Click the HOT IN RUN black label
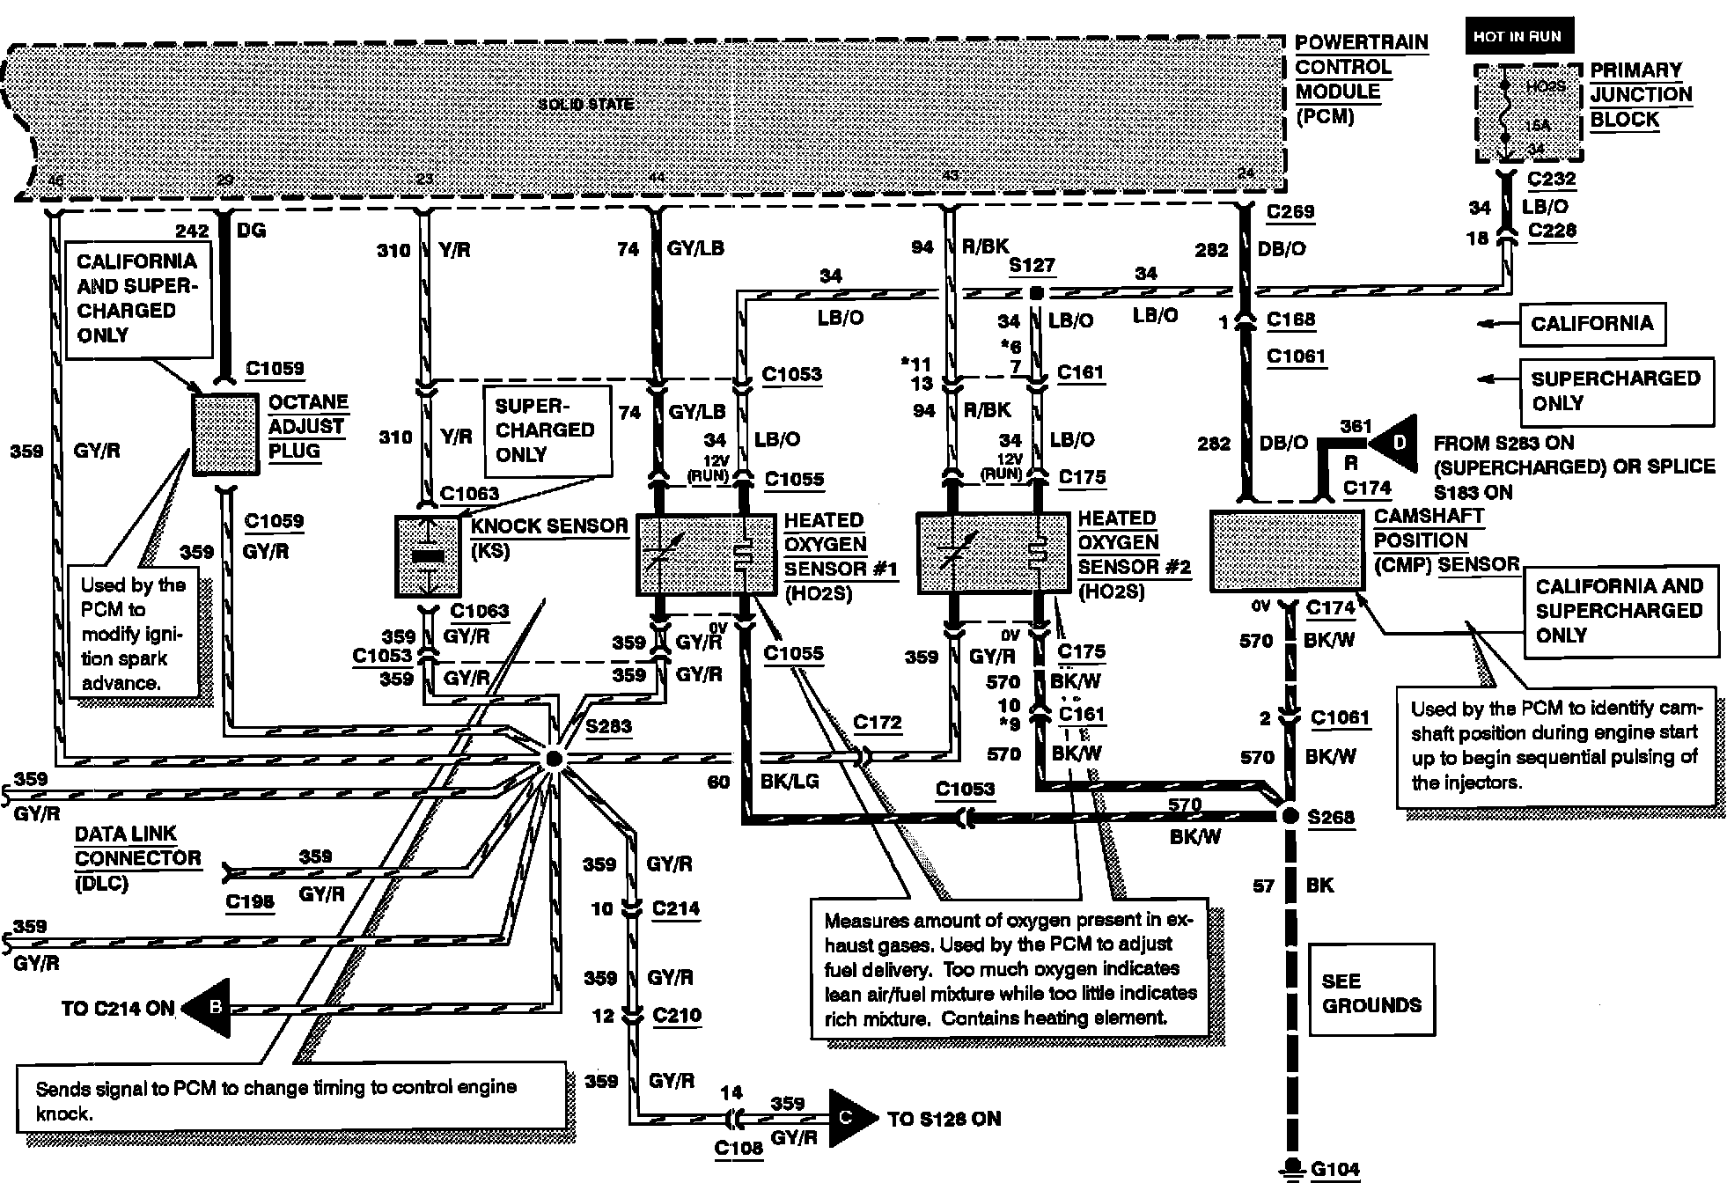coord(1518,37)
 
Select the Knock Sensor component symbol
coord(428,556)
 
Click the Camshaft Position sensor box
coord(1286,550)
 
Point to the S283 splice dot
coord(553,758)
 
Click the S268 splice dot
coord(1290,816)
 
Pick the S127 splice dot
coord(1037,291)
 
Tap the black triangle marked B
coord(209,1008)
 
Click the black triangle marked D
coord(1394,443)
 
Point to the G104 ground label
coord(1334,1169)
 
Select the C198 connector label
coord(250,901)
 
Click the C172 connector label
coord(878,723)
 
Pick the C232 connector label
coord(1552,180)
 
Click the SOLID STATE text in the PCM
coord(585,104)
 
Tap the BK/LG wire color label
coord(789,781)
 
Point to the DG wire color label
coord(251,231)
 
